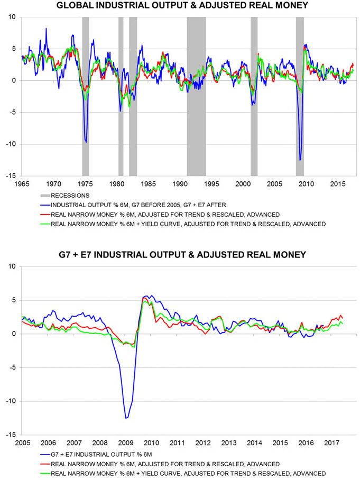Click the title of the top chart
tap(180, 6)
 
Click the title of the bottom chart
tap(180, 255)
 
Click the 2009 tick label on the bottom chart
tap(125, 443)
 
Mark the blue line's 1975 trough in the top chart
tap(86, 142)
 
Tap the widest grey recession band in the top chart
tap(196, 95)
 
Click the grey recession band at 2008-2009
tap(300, 95)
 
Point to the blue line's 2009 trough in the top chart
tap(300, 160)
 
